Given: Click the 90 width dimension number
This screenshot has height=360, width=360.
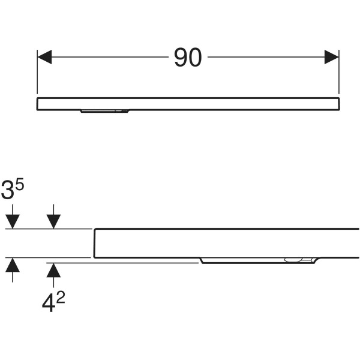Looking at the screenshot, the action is pyautogui.click(x=188, y=58).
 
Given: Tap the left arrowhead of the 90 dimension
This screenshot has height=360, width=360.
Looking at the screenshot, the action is pyautogui.click(x=44, y=57).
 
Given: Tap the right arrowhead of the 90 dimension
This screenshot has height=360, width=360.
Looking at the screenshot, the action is pyautogui.click(x=332, y=57).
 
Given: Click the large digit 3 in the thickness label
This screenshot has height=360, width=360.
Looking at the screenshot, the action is pyautogui.click(x=8, y=190).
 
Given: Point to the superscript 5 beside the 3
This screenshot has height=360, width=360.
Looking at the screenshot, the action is pyautogui.click(x=20, y=185).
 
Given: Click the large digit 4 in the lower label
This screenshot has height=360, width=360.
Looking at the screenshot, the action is pyautogui.click(x=48, y=304).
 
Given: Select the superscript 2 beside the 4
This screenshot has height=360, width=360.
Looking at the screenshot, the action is pyautogui.click(x=61, y=298).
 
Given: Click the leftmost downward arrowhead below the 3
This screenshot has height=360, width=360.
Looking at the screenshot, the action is pyautogui.click(x=13, y=221).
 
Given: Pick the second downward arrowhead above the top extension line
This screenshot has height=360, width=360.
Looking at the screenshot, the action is pyautogui.click(x=53, y=221).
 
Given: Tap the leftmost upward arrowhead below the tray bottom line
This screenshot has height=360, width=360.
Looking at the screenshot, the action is pyautogui.click(x=13, y=265).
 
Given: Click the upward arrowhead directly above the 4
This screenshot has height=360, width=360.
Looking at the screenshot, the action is pyautogui.click(x=53, y=270).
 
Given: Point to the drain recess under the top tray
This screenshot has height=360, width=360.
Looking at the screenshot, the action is pyautogui.click(x=104, y=112).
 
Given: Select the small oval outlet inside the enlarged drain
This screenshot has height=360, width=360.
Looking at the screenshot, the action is pyautogui.click(x=292, y=260).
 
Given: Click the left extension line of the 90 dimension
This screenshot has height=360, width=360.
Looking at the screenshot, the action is pyautogui.click(x=37, y=72).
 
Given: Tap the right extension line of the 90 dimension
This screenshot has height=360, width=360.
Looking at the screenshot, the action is pyautogui.click(x=339, y=72).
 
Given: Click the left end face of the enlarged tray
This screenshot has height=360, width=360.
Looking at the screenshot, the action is pyautogui.click(x=95, y=243).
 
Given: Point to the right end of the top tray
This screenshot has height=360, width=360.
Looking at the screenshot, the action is pyautogui.click(x=339, y=104).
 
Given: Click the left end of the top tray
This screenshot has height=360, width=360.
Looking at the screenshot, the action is pyautogui.click(x=37, y=104).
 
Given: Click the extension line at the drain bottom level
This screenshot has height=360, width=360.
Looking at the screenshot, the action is pyautogui.click(x=122, y=263).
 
